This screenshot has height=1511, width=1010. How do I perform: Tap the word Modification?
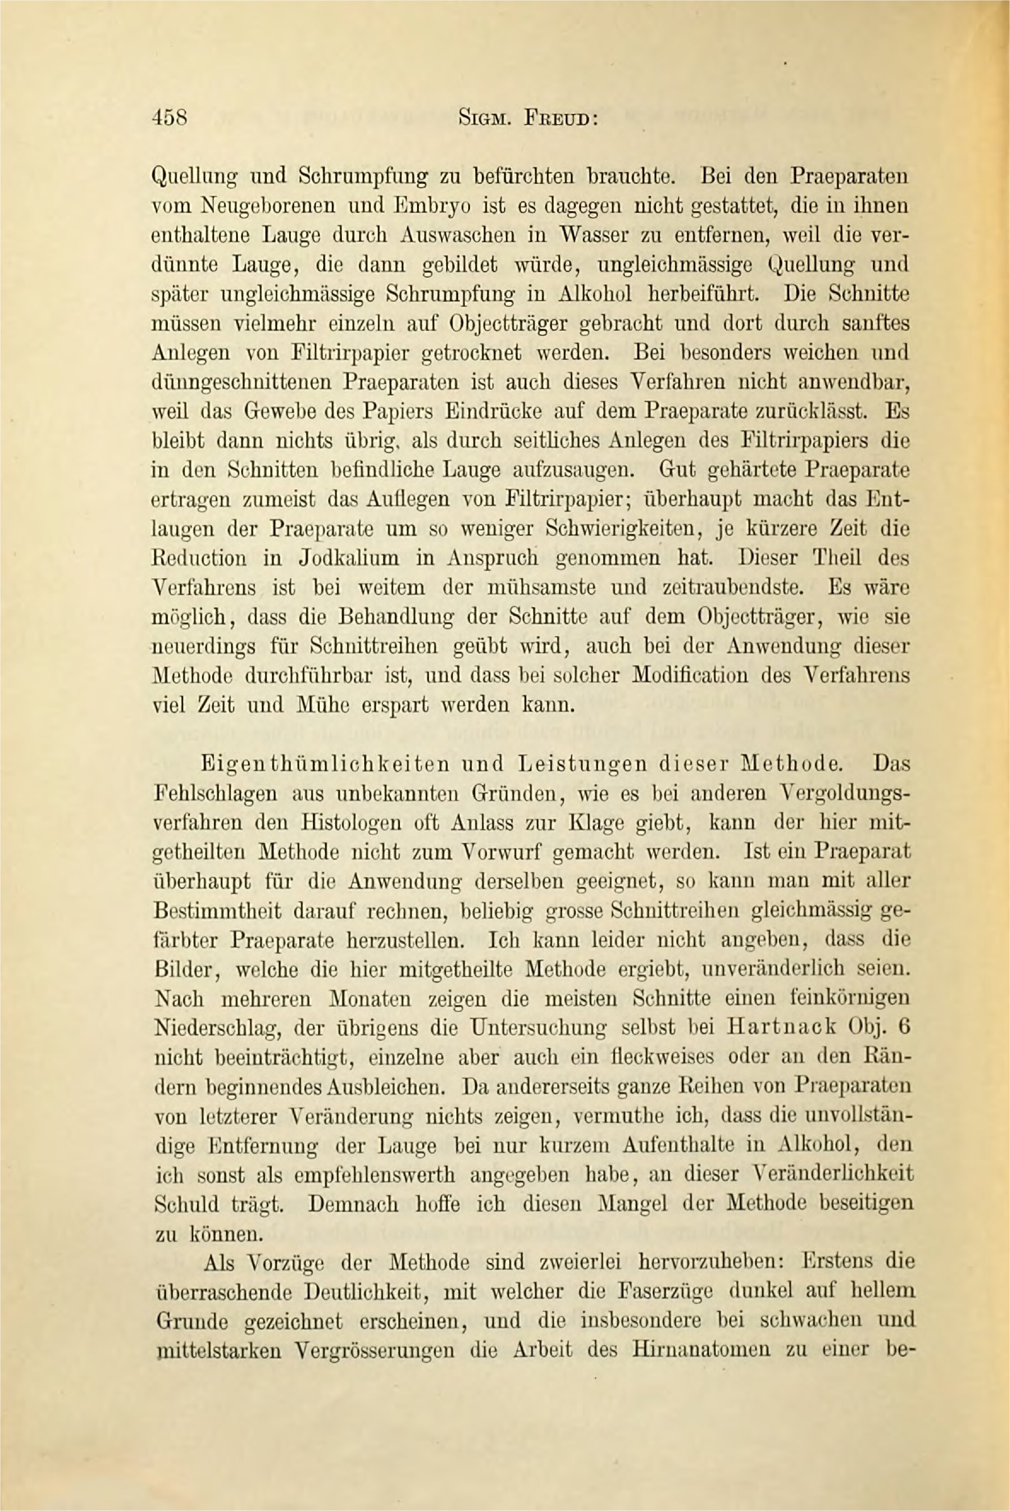click(691, 676)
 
